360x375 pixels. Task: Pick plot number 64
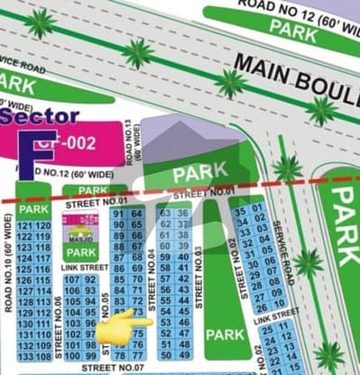135,214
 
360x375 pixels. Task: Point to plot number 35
240,210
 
